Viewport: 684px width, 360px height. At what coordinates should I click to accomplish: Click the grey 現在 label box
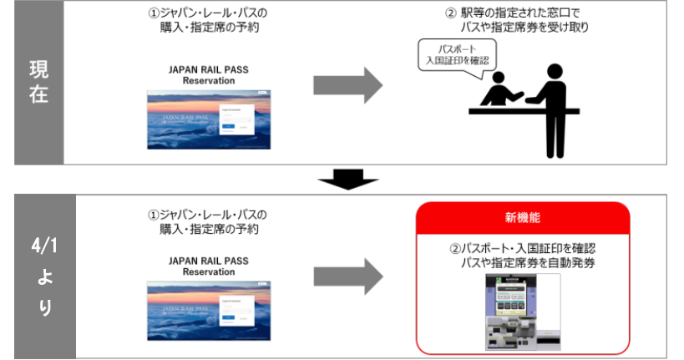pyautogui.click(x=38, y=83)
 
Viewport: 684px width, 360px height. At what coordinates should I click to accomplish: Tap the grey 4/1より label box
pyautogui.click(x=44, y=276)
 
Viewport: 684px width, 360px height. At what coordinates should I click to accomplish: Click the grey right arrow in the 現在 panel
pyautogui.click(x=347, y=85)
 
